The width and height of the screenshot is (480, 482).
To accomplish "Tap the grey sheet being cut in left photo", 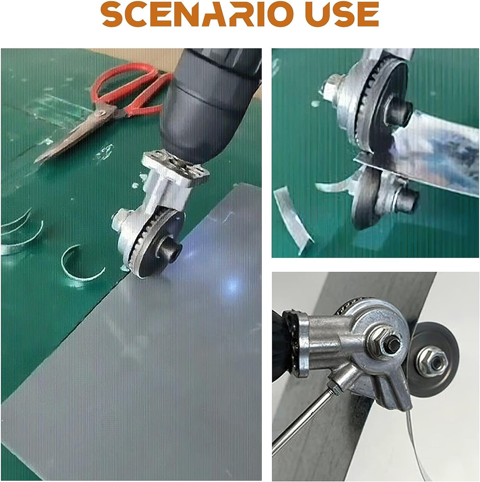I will (x=149, y=382).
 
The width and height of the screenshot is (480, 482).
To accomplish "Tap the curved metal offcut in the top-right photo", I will (x=292, y=216).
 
